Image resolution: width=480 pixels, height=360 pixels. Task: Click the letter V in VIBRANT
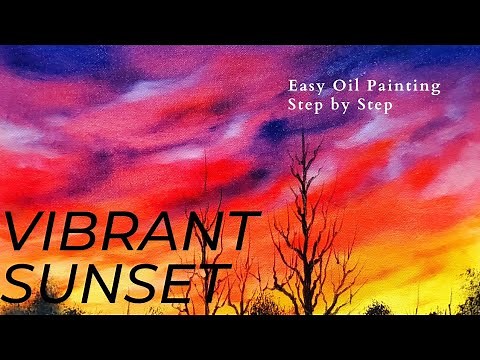point(24,233)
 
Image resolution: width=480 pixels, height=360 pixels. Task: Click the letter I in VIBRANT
point(54,233)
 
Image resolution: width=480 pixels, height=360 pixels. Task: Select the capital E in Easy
point(292,87)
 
